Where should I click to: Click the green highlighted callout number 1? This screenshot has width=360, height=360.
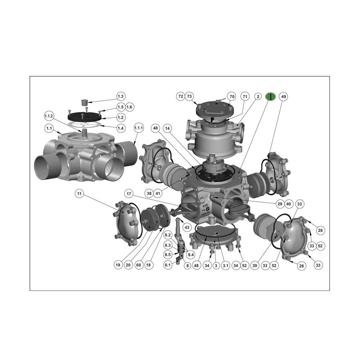coord(270,96)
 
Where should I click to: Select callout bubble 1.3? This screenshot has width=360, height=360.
coord(121,96)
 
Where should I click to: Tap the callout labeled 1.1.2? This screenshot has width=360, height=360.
coord(49,116)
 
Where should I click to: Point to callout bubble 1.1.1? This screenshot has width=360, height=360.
coord(139,128)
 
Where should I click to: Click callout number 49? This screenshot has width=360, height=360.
coord(284,96)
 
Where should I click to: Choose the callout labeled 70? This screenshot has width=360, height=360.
coord(232,96)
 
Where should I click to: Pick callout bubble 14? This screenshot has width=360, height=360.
coord(167,128)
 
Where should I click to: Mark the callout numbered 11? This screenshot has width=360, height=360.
coord(80,194)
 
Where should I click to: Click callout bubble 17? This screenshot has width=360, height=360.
coord(129,194)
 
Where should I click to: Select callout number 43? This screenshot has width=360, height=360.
coord(186,228)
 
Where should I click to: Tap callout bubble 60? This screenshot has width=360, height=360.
coord(138,265)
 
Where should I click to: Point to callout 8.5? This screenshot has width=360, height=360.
coord(168,255)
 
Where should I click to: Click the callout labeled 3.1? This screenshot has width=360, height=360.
coord(226,265)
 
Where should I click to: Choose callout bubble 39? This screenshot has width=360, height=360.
coord(255,265)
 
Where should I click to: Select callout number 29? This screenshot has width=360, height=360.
coord(280,204)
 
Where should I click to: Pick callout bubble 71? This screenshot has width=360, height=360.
coord(245,96)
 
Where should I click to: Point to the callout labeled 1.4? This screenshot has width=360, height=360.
coord(121,128)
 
